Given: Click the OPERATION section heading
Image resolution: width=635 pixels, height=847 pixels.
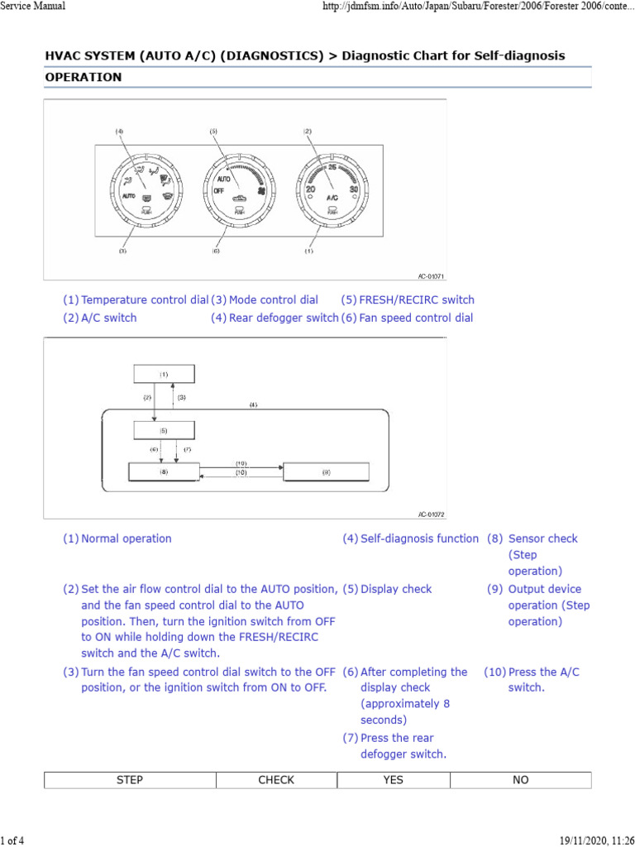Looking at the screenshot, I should tap(84, 77).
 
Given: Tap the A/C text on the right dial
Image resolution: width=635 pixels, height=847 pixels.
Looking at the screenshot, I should tap(331, 198).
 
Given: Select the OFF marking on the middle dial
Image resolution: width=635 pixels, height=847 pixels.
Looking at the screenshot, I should tap(219, 189).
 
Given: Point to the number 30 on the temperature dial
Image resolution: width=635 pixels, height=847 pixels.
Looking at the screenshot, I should tap(355, 189).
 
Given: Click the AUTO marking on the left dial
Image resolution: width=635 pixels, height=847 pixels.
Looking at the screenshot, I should tap(128, 197).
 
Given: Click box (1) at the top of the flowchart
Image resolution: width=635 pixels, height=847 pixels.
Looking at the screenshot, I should tap(165, 374).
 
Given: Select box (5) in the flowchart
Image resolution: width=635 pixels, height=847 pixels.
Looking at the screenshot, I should tap(165, 430).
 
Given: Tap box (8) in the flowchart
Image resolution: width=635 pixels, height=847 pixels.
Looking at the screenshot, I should tap(165, 471).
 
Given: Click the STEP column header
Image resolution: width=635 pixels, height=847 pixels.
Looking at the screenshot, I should tap(130, 780).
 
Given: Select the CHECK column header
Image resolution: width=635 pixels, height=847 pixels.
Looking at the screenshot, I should tap(276, 780).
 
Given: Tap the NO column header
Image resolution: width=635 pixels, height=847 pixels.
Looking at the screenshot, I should tap(521, 780).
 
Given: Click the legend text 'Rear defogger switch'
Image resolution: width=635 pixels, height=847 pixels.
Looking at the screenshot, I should tap(284, 318).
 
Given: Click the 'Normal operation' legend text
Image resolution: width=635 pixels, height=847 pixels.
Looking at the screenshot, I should tap(127, 538).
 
